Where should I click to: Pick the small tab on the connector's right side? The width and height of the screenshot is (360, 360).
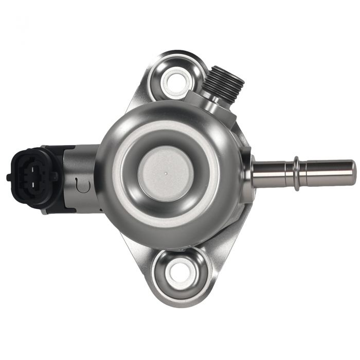[x=55, y=176]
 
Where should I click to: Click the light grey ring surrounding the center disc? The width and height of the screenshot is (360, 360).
[x=129, y=175]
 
